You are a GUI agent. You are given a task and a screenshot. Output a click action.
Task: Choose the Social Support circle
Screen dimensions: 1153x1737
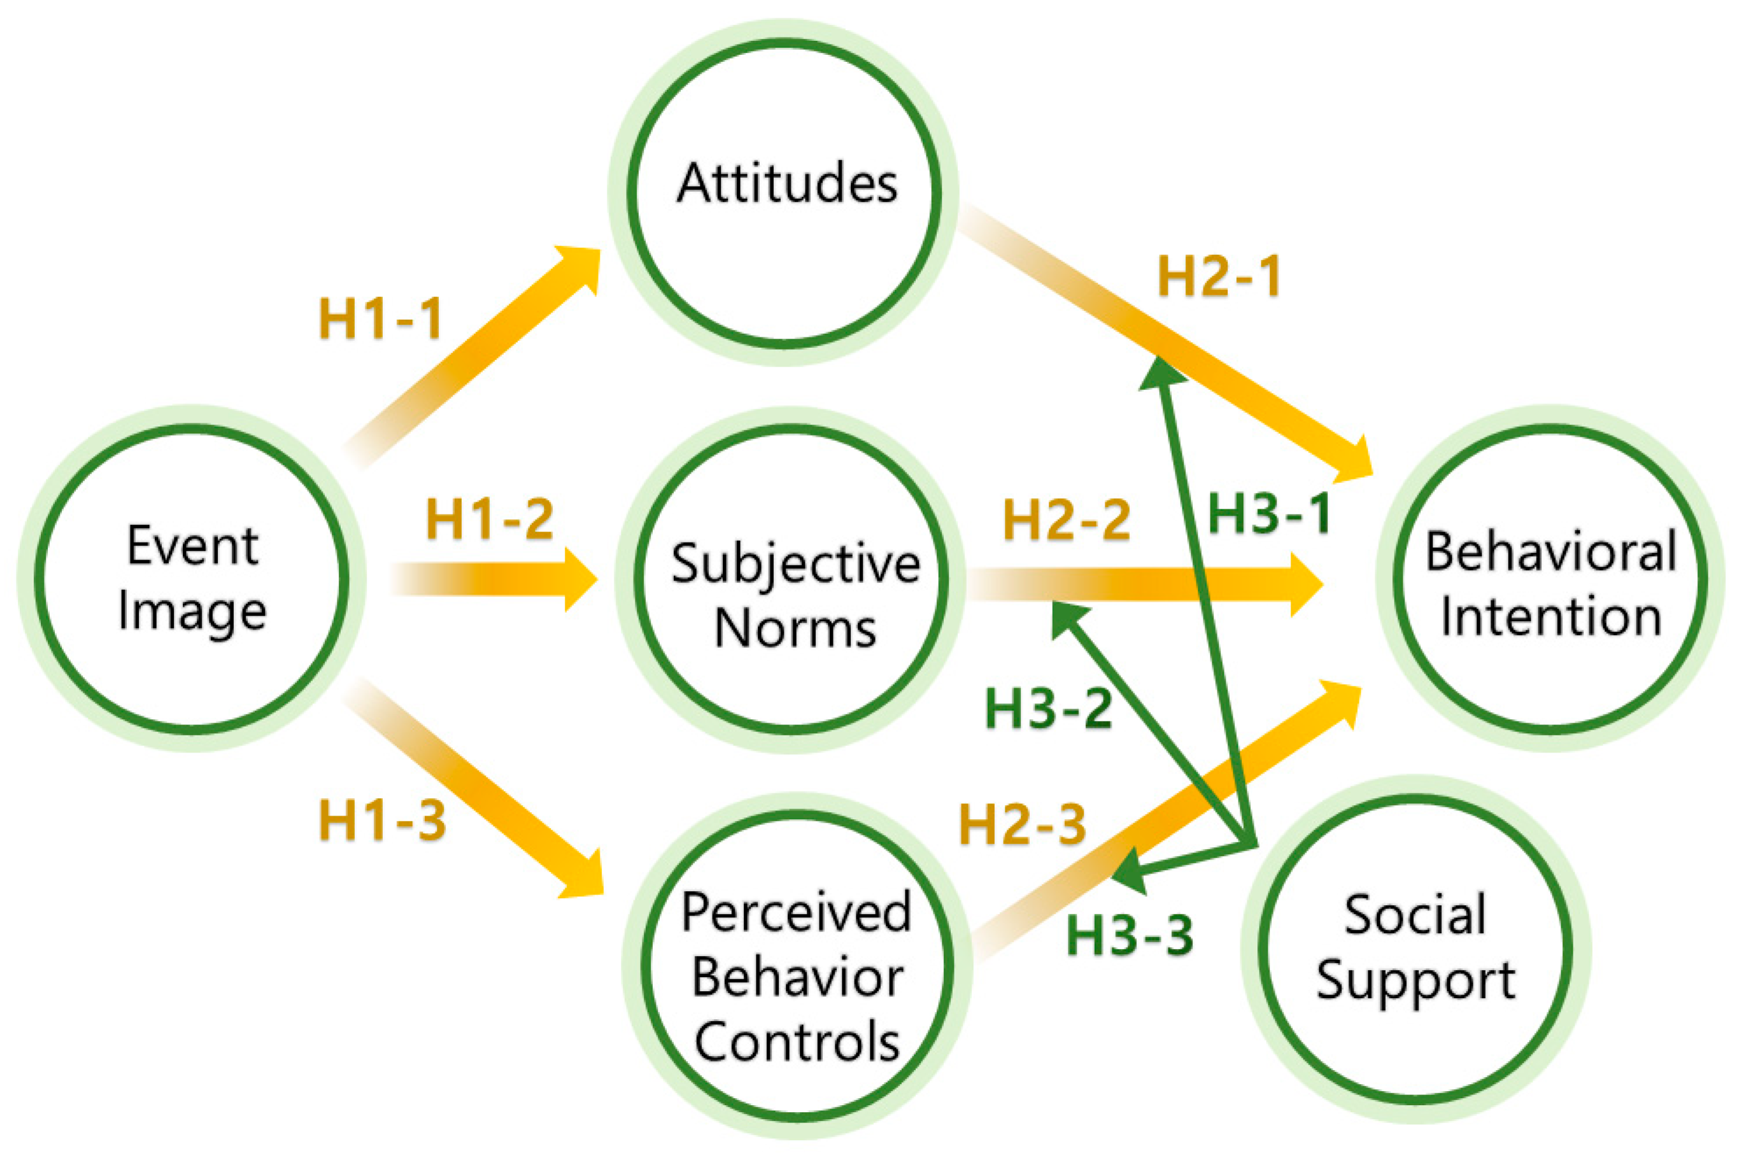(1415, 949)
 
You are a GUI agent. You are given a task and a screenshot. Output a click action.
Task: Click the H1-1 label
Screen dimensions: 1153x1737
(380, 318)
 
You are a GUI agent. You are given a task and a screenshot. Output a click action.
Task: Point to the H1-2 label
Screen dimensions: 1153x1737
(489, 519)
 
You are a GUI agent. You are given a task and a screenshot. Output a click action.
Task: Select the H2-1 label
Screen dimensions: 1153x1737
(1219, 276)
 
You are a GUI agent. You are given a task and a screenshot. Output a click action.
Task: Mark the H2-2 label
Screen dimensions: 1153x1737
(1066, 519)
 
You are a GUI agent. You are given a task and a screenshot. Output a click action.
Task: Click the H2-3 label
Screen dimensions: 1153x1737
(1022, 824)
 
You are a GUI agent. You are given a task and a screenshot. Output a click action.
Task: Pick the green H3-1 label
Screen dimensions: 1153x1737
(1269, 513)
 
